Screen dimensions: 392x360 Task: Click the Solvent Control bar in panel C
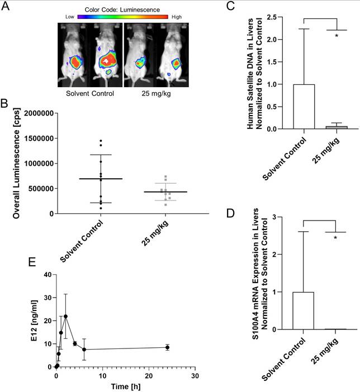[304, 107]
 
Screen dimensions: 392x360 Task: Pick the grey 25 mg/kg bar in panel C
[337, 127]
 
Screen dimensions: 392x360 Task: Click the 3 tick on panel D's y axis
[289, 216]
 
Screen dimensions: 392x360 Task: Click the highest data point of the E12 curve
[65, 317]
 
